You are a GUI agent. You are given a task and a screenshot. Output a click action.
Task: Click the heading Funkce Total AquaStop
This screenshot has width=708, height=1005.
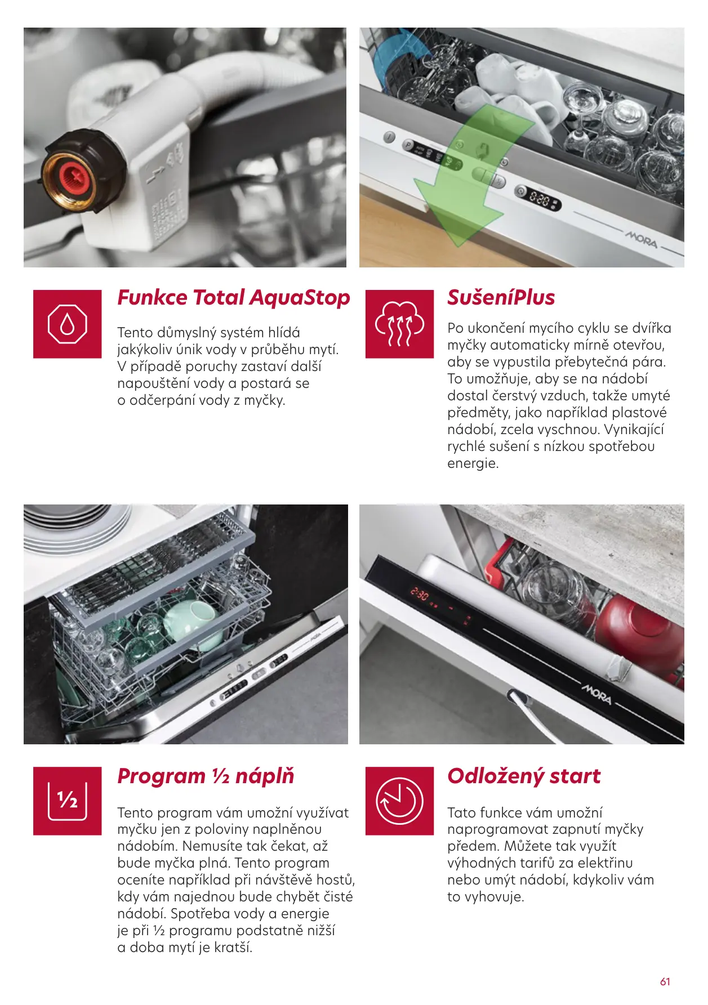click(x=234, y=298)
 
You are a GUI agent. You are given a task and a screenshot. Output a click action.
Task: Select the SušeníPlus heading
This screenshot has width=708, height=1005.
click(x=501, y=298)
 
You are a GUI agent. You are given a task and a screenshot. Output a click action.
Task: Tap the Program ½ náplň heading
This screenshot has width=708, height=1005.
click(x=206, y=776)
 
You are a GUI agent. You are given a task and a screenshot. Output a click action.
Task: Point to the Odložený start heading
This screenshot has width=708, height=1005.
click(x=524, y=776)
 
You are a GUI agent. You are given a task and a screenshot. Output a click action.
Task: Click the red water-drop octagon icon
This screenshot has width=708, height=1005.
click(x=68, y=324)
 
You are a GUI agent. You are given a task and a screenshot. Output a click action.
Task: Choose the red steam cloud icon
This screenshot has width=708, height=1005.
click(x=399, y=324)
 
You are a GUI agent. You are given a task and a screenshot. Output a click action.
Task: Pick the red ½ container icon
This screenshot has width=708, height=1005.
click(x=68, y=801)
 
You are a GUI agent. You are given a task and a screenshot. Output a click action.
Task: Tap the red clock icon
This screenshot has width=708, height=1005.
click(x=399, y=801)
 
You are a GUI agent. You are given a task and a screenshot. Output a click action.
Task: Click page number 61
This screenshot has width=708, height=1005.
click(x=665, y=981)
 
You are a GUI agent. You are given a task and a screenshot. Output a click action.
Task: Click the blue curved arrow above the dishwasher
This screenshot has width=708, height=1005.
click(x=397, y=53)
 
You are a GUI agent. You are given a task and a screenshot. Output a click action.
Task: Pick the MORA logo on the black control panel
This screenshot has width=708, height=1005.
click(x=597, y=695)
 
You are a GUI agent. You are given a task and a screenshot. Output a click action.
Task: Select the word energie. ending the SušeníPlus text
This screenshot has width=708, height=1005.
click(x=473, y=463)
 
